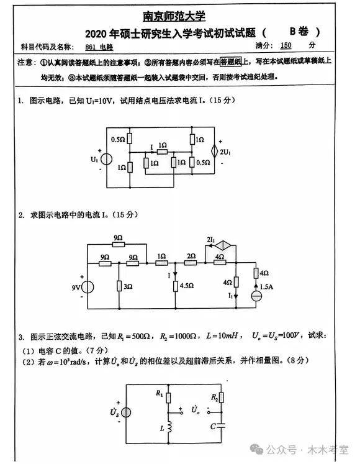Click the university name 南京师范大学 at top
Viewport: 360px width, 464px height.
click(x=174, y=16)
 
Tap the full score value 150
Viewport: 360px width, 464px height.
click(x=286, y=45)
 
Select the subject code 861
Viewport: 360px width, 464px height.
click(x=90, y=47)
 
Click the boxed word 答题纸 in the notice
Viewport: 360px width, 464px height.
click(x=231, y=61)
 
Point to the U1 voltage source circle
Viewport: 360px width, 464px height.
click(x=106, y=159)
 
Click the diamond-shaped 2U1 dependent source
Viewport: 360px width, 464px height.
click(x=215, y=151)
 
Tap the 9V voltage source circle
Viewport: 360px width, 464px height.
click(x=88, y=287)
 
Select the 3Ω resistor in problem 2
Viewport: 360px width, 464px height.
click(x=119, y=286)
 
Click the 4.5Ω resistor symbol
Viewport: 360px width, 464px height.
click(x=176, y=286)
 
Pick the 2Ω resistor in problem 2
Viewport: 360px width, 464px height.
click(x=191, y=263)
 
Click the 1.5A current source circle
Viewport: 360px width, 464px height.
click(x=256, y=296)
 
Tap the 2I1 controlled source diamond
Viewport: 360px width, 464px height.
click(x=222, y=245)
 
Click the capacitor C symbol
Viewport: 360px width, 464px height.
click(x=221, y=426)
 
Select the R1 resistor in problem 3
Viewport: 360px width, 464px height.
click(x=168, y=398)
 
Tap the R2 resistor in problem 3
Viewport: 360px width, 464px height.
click(x=221, y=398)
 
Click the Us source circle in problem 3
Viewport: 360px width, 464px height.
click(x=126, y=412)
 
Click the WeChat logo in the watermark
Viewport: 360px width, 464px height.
click(x=256, y=449)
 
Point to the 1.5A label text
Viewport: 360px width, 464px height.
click(x=266, y=286)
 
